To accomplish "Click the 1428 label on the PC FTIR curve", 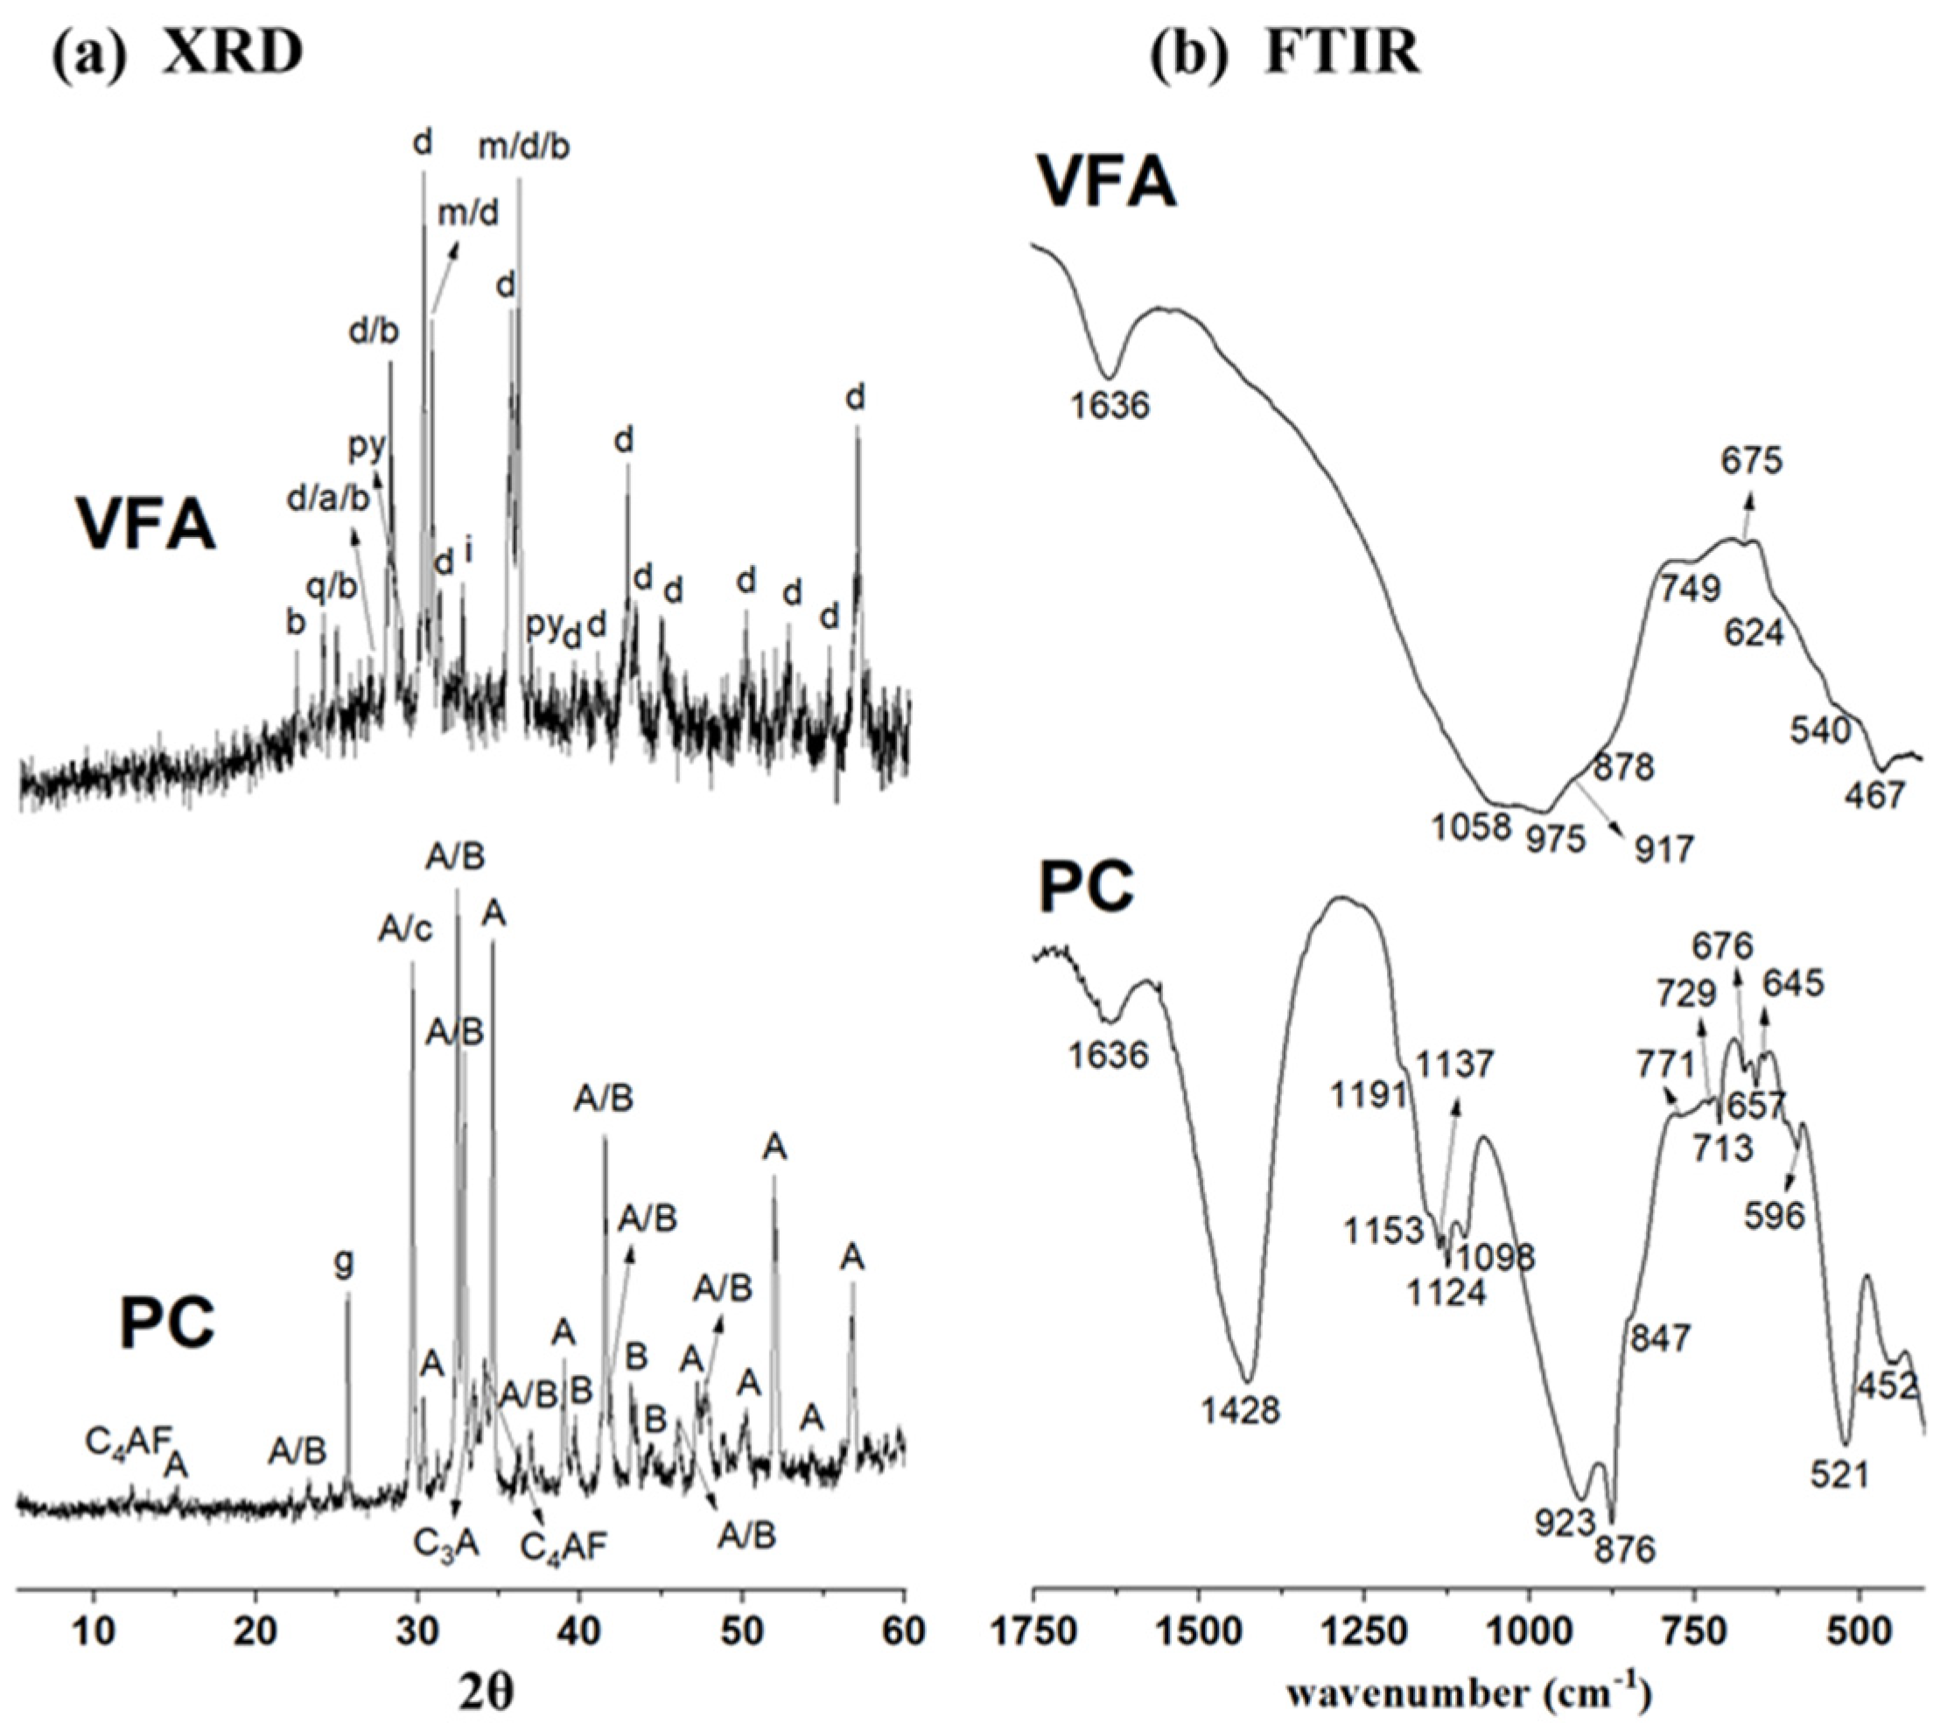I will coord(1241,1410).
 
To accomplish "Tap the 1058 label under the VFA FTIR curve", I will coord(1471,826).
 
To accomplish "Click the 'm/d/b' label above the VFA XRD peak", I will coord(524,146).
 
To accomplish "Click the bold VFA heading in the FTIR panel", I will coord(1107,182).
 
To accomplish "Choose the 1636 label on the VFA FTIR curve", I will coord(1110,406).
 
